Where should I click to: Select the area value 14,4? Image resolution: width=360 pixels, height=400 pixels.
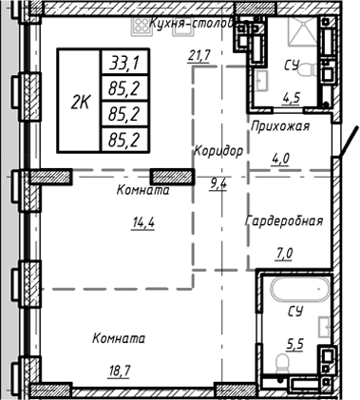click(142, 224)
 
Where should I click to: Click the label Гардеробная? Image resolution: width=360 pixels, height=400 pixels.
click(284, 221)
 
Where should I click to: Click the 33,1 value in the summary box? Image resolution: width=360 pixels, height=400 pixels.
click(123, 63)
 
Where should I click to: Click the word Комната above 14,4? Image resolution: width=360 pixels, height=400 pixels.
click(143, 189)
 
